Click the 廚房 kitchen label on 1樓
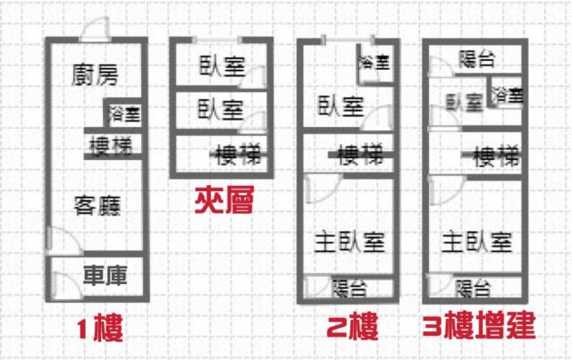[95, 75]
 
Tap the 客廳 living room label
[97, 205]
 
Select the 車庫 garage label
[105, 275]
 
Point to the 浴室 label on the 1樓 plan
[125, 113]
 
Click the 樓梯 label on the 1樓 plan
[111, 146]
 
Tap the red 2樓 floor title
[351, 326]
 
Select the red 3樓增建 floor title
[479, 325]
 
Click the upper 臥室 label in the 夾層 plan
[223, 66]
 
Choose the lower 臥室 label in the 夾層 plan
[221, 109]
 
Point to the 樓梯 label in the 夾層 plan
[239, 155]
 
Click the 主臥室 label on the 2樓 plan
[349, 242]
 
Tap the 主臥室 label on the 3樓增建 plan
[476, 242]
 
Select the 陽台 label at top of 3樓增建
[476, 59]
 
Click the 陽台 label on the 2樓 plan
[349, 289]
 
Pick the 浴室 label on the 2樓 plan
[374, 62]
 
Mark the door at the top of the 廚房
[96, 29]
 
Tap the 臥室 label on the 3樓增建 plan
[465, 102]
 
